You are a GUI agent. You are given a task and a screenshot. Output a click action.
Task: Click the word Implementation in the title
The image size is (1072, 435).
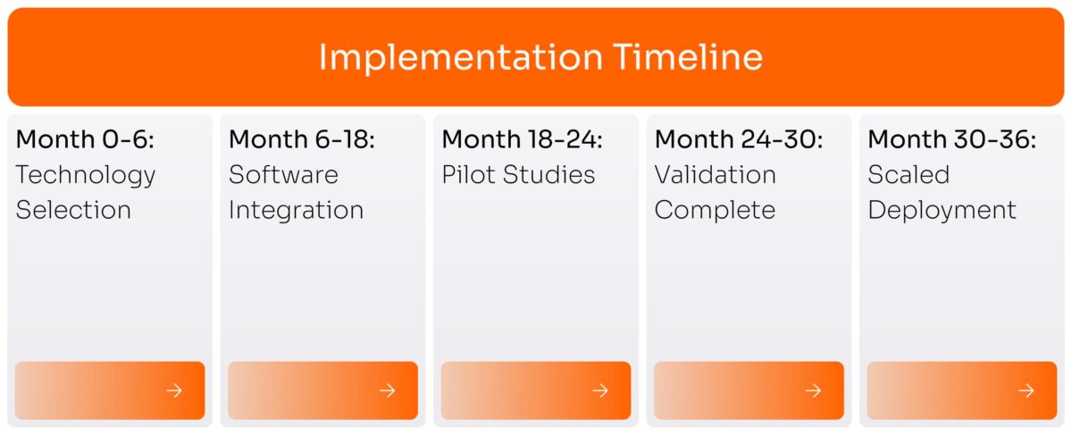[460, 58]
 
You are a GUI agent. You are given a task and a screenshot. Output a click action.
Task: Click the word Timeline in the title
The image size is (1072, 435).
[688, 58]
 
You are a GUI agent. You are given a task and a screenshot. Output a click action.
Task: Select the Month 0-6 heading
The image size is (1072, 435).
[85, 139]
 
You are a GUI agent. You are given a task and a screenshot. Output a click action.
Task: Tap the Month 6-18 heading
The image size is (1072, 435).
[302, 139]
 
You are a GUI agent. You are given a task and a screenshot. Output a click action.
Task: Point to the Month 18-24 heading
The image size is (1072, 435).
[523, 139]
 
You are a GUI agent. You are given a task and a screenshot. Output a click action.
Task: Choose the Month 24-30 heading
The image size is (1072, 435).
[739, 139]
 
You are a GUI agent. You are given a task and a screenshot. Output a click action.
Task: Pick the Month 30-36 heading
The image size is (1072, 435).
[952, 139]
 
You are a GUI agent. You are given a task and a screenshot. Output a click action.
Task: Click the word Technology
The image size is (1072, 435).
[86, 175]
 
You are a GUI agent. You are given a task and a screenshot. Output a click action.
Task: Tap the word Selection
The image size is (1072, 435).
[73, 210]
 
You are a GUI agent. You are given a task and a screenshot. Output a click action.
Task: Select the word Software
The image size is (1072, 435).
[283, 174]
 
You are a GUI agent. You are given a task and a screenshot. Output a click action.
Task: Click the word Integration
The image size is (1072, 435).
[296, 210]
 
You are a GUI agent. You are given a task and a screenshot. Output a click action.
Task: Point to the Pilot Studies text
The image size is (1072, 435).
[518, 174]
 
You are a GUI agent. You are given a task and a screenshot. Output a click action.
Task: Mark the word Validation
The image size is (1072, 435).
[715, 174]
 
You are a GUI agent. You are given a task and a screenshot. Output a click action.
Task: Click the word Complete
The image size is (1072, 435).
[715, 210]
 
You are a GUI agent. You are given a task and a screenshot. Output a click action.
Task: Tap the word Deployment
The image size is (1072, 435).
[942, 211]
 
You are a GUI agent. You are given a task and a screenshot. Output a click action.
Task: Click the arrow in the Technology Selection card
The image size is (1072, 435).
[174, 390]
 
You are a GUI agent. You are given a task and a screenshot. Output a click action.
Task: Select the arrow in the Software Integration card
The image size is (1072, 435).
[387, 390]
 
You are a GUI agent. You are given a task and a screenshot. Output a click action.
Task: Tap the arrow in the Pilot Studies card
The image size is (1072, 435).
[600, 390]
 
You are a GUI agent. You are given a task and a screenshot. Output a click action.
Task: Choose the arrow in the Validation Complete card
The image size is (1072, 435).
[813, 390]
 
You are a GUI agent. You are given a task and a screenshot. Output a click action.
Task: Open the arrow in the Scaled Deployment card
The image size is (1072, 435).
[1026, 390]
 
